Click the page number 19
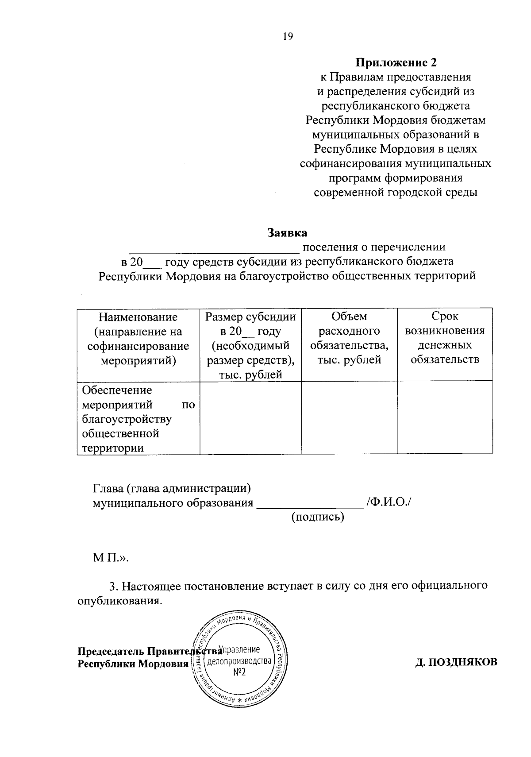coord(288,37)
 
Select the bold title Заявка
coord(287,232)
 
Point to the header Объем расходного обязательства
coord(349,338)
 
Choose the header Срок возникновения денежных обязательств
coord(445,338)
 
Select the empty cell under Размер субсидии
coord(250,418)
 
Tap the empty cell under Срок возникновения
coord(445,418)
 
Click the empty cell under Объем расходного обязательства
coord(349,418)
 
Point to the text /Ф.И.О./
coord(389,503)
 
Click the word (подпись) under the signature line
coord(317,517)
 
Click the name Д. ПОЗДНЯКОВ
coord(456,662)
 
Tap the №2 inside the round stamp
coord(239,672)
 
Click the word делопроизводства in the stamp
coord(239,662)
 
